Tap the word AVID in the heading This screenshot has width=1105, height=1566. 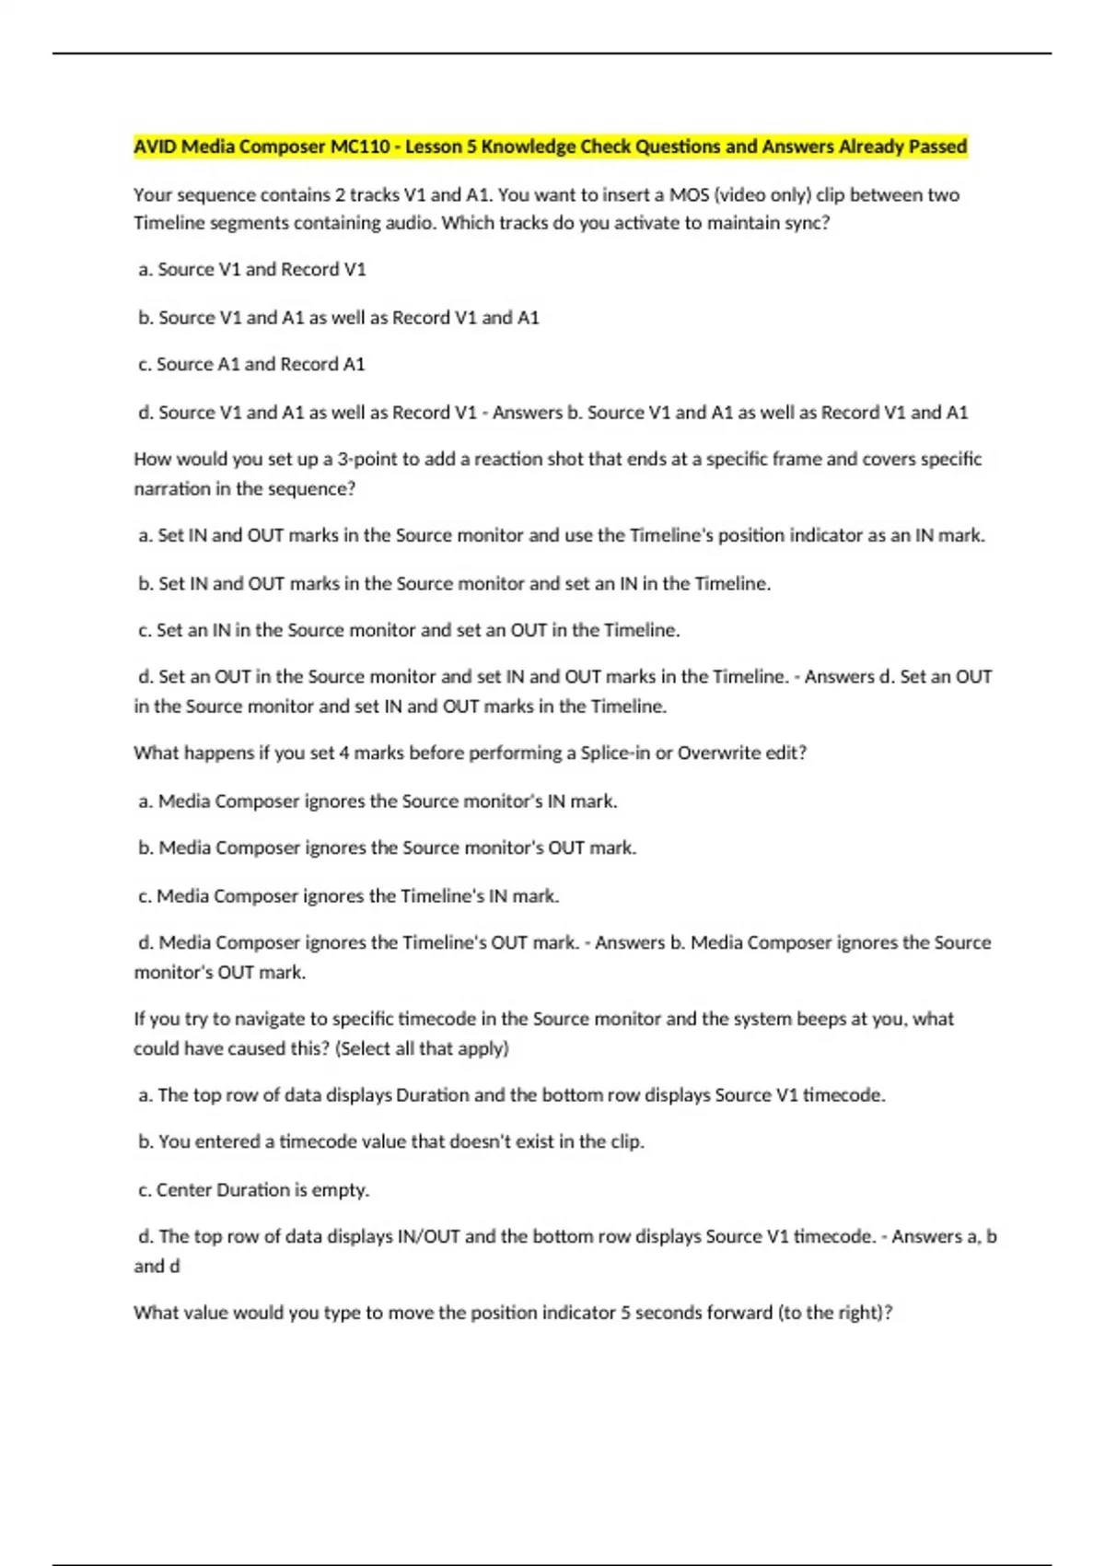pyautogui.click(x=156, y=146)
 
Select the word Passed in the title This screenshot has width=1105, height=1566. pyautogui.click(x=937, y=146)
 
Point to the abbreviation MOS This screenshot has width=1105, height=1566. pyautogui.click(x=689, y=195)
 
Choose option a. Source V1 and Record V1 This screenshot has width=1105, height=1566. pyautogui.click(x=252, y=270)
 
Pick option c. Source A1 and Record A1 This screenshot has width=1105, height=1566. pyautogui.click(x=251, y=365)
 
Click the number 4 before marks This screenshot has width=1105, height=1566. pyautogui.click(x=344, y=754)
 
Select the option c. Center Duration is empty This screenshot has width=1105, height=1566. pyautogui.click(x=254, y=1190)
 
